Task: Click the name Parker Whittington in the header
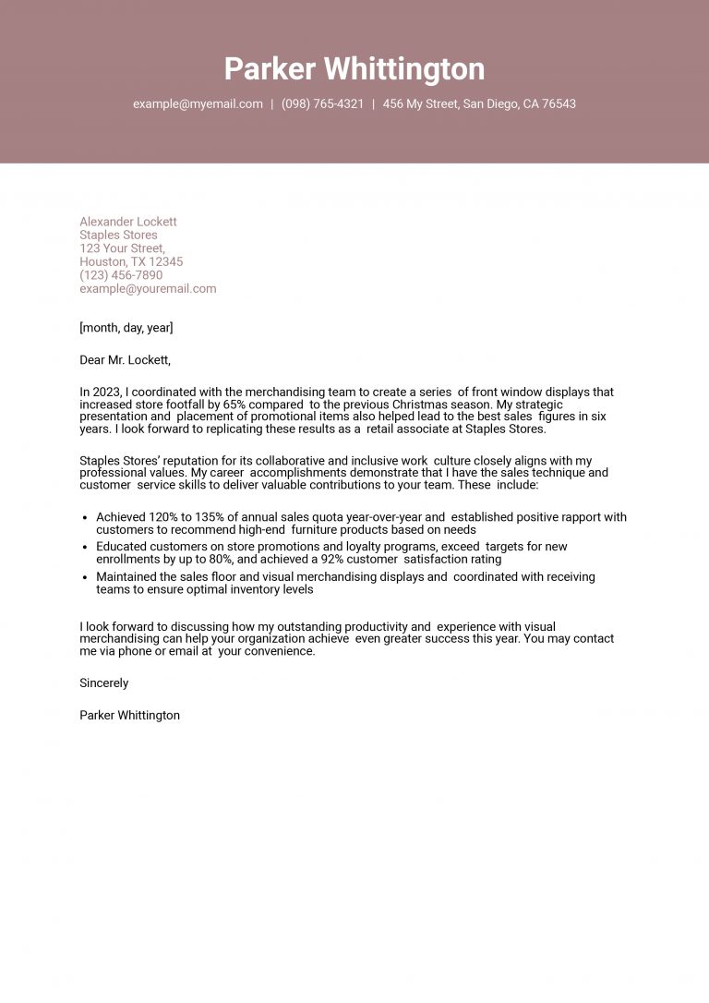coord(354,69)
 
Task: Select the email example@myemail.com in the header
coord(198,104)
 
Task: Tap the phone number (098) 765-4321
coord(322,104)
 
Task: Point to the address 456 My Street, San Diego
coord(479,104)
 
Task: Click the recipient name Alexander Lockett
coord(127,222)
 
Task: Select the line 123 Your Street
coord(122,248)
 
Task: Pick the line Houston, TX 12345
coord(131,261)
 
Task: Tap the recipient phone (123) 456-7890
coord(121,275)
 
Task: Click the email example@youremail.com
coord(148,288)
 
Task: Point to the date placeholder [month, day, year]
coord(126,328)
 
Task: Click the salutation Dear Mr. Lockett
coord(125,360)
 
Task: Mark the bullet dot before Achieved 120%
coord(85,518)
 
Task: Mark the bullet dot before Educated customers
coord(85,548)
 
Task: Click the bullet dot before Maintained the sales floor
coord(85,577)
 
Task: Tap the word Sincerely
coord(104,683)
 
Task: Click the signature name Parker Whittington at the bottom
coord(129,715)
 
